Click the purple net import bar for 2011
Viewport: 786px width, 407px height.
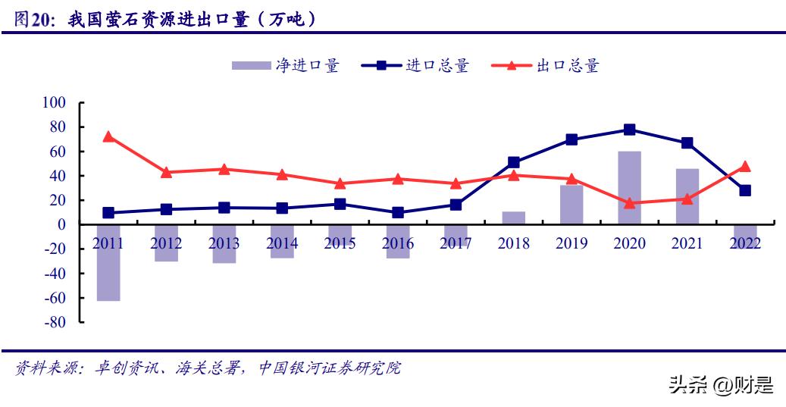(108, 262)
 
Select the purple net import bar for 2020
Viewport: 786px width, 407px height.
(629, 188)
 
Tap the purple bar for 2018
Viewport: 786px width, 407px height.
(513, 218)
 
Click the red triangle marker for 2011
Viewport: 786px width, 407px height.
(108, 136)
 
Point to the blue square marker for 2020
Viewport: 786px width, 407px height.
(629, 130)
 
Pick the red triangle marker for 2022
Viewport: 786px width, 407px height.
(745, 166)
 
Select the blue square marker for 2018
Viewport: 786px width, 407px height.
(513, 162)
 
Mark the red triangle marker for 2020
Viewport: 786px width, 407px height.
(629, 203)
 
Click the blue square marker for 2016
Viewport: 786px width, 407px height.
(398, 213)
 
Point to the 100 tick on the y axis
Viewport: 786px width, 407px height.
(54, 102)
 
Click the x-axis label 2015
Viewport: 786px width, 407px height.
(340, 243)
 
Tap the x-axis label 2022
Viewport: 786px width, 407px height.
(745, 243)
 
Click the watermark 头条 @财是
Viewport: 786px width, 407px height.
(721, 387)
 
